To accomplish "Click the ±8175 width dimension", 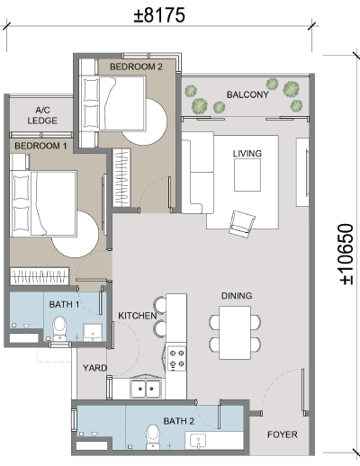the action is [159, 15].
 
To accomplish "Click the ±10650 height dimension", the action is [346, 254].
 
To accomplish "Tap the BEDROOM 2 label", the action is [136, 67].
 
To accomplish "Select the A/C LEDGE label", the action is [42, 115].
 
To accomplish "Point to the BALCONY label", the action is [247, 94].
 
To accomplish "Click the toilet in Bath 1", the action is [59, 328].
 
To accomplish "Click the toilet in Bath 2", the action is [153, 437].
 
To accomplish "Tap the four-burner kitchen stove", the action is [176, 359].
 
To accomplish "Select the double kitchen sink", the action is [146, 389].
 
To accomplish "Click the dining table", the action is [235, 333].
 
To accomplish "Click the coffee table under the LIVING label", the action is [247, 175].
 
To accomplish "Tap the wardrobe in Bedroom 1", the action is [40, 276].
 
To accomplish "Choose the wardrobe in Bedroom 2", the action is [121, 178].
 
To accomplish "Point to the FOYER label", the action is [283, 435].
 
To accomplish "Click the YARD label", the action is [94, 368].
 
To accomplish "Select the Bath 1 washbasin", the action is [93, 332].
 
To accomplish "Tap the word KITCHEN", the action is [138, 316].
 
